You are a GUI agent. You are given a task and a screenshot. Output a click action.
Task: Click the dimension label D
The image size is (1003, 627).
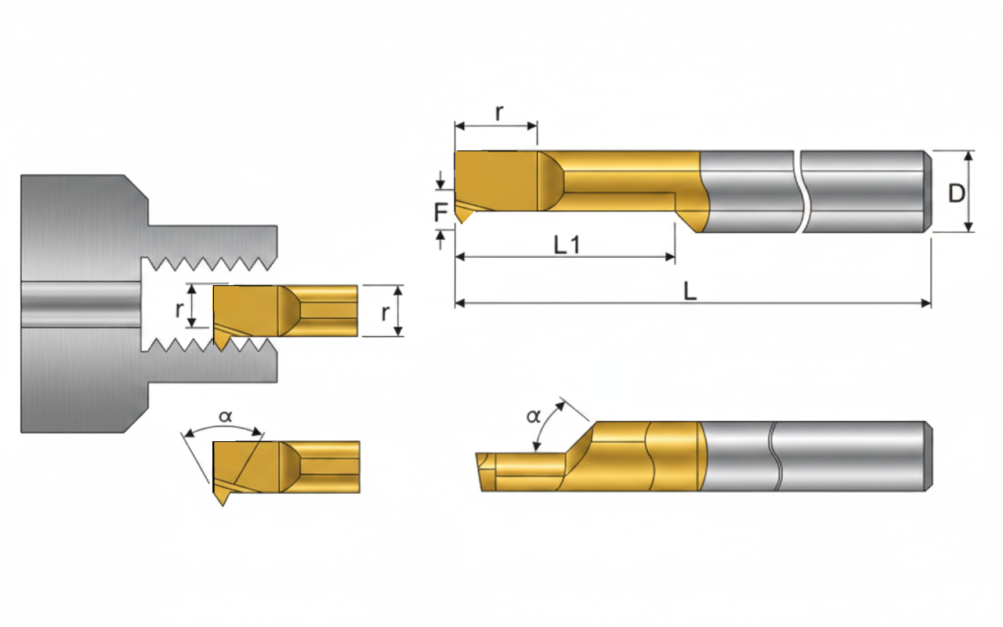957,194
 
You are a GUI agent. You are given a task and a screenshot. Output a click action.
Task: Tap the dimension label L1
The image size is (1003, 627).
567,245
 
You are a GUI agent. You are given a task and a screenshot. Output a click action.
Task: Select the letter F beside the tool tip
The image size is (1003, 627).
441,212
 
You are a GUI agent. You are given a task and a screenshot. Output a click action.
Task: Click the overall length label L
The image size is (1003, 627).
690,291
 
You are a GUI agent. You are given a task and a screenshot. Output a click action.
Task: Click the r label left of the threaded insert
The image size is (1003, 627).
179,309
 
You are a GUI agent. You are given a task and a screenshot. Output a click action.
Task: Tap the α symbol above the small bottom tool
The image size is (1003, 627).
225,416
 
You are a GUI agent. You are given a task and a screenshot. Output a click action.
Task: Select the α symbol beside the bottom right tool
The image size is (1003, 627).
534,416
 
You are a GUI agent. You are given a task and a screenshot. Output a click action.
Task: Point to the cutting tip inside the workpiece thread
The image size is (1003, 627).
221,350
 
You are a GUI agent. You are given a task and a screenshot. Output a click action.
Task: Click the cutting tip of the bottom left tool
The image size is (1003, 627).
223,506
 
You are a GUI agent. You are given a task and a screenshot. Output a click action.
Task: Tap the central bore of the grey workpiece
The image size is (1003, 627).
81,305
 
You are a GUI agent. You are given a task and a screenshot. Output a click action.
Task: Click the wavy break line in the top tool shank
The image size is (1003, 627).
798,192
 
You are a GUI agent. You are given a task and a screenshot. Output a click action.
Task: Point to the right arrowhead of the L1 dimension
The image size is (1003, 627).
670,257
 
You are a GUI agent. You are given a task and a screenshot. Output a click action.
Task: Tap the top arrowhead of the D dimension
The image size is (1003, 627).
969,156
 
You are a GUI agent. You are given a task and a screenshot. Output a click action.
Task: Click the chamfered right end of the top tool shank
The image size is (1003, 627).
928,192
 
